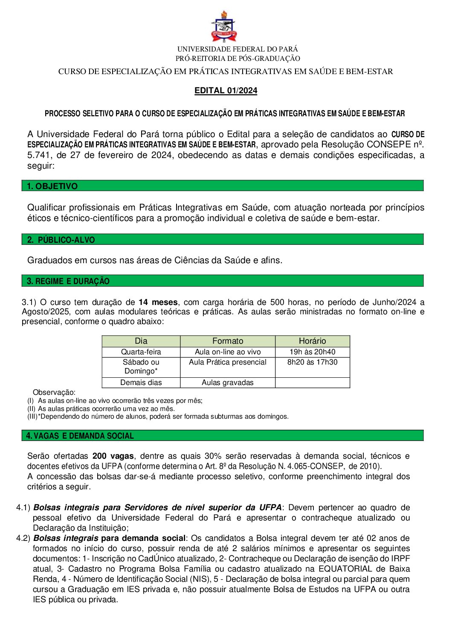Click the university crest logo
pos(224,27)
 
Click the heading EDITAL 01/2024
pos(226,90)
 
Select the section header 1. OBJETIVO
pos(52,186)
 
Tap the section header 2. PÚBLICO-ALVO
pos(61,240)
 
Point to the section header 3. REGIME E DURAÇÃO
pos(68,281)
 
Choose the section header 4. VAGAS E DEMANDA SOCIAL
pos(80,436)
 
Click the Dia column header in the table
pos(141,341)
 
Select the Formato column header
pos(228,341)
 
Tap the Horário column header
pos(312,341)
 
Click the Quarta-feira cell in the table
pos(141,352)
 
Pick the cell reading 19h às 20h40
pos(312,352)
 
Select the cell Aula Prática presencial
pos(228,362)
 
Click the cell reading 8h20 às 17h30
pos(312,362)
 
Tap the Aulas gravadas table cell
pos(228,382)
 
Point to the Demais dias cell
pos(141,382)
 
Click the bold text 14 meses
pos(158,302)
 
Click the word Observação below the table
pos(54,392)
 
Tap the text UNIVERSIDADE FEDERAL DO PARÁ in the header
pos(238,49)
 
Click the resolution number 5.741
pos(39,155)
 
